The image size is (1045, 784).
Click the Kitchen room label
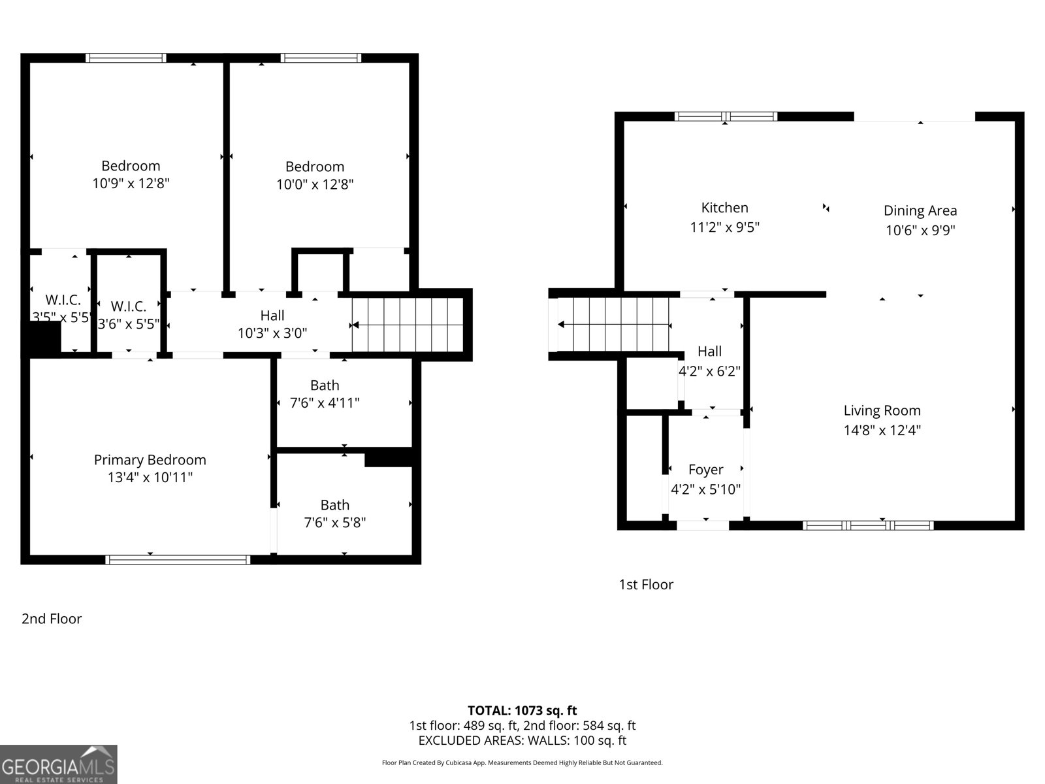(x=724, y=208)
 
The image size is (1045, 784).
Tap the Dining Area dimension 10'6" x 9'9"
(x=920, y=230)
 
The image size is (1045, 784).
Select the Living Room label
(x=882, y=410)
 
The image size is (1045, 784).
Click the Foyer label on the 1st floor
(x=705, y=470)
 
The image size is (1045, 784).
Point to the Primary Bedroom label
(x=150, y=460)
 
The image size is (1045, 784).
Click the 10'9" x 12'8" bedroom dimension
(x=131, y=184)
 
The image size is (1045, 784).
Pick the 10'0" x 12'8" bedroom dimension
(x=315, y=184)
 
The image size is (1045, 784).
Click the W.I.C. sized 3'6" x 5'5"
(x=128, y=315)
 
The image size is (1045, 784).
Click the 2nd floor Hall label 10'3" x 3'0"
(x=272, y=325)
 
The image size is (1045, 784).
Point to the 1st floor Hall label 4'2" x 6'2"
(x=709, y=361)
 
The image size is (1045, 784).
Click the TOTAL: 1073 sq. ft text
(x=522, y=710)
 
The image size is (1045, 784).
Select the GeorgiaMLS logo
(x=58, y=764)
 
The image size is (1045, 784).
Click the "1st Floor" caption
(x=646, y=585)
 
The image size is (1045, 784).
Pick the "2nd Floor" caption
(x=52, y=619)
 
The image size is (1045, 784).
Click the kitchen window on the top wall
(x=725, y=116)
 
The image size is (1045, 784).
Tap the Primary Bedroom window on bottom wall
(x=178, y=559)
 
